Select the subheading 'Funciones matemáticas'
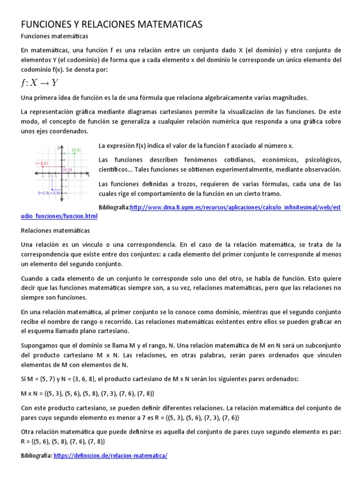(x=55, y=36)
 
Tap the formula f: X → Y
(x=39, y=83)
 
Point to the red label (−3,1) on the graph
(x=41, y=163)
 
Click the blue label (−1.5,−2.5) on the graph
(x=50, y=192)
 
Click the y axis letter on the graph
(x=59, y=147)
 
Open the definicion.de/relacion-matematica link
(x=111, y=455)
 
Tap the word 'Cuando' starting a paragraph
(x=33, y=278)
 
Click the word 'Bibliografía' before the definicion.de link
(x=37, y=455)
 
